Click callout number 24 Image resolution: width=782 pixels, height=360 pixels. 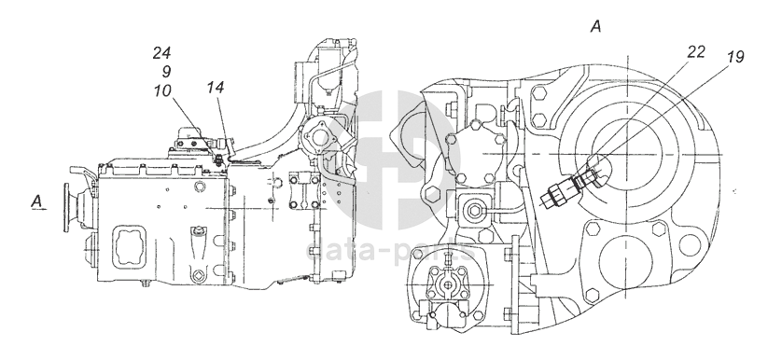[x=162, y=53]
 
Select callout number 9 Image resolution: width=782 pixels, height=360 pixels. [x=166, y=72]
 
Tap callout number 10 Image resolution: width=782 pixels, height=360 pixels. [x=162, y=90]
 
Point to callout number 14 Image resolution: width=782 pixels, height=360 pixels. [x=216, y=88]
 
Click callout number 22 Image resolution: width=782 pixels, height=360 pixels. [x=696, y=52]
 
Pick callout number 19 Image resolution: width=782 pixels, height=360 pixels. [x=735, y=57]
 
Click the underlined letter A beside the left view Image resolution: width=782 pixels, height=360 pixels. [x=36, y=201]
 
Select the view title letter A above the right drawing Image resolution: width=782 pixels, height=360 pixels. [x=596, y=26]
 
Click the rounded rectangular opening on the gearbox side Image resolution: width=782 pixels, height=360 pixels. [x=132, y=246]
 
